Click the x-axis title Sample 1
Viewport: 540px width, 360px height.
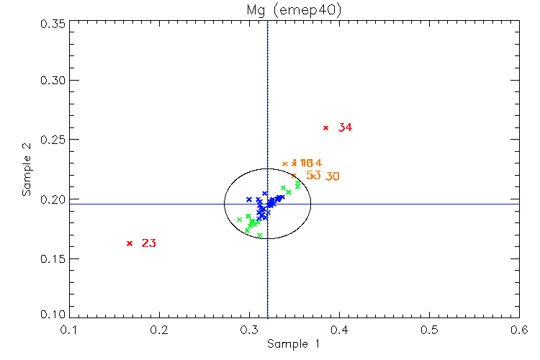[293, 345]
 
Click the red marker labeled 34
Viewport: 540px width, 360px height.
[325, 127]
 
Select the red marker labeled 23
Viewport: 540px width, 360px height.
[130, 243]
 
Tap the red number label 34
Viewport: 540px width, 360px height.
[345, 128]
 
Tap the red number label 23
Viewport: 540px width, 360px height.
[149, 244]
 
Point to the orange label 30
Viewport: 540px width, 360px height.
[333, 176]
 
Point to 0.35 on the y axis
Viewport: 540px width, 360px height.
[53, 24]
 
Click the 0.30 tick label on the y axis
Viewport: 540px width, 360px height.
[53, 80]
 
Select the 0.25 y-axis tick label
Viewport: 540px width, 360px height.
[53, 139]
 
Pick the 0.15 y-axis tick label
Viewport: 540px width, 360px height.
[53, 258]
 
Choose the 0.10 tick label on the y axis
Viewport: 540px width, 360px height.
[53, 315]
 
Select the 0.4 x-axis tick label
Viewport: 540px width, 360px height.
[340, 330]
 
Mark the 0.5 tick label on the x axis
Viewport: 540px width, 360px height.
[430, 330]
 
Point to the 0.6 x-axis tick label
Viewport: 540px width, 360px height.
[519, 330]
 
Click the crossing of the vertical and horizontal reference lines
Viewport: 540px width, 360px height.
[268, 204]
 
